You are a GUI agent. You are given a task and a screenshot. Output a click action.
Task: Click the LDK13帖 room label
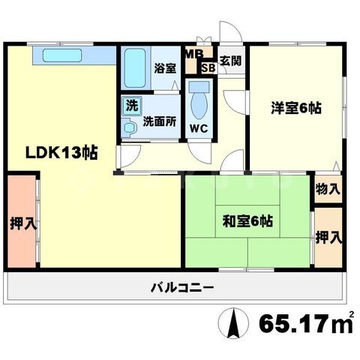coord(61,152)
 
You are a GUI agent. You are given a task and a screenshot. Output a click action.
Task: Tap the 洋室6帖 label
coord(296,108)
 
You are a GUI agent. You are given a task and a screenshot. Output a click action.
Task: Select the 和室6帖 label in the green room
coord(247,221)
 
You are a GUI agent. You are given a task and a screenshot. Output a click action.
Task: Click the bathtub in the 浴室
coord(135,68)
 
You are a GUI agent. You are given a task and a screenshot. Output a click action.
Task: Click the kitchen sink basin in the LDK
coord(62,55)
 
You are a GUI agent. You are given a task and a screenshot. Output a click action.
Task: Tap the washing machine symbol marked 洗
coord(132,106)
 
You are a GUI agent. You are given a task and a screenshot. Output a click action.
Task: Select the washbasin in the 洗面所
coord(130,128)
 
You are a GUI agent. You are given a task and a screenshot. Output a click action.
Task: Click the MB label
coord(194,55)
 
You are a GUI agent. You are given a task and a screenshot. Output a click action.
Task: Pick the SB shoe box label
coord(208,68)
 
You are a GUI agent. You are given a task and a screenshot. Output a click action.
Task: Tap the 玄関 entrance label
coord(230,61)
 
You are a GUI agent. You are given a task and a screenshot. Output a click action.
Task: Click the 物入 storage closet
coord(328,189)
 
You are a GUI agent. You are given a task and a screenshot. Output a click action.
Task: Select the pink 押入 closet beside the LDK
coord(22,221)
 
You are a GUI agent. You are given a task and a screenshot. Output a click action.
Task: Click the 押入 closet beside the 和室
coord(328,237)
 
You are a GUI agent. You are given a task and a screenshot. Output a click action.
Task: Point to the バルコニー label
coord(182,287)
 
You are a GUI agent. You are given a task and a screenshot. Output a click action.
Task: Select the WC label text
coord(199,128)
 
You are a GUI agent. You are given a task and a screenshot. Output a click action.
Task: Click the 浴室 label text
coord(165,68)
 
